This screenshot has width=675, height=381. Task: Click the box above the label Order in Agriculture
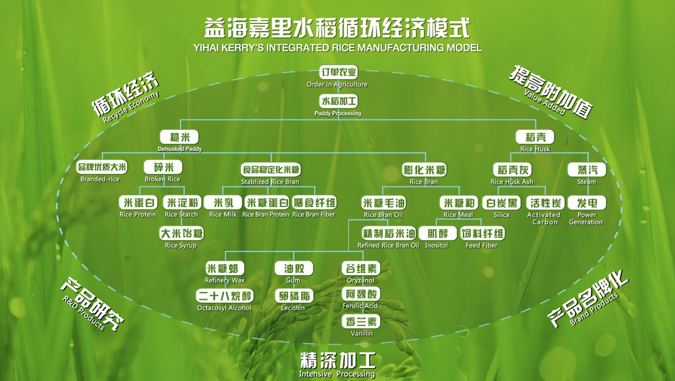click(338, 72)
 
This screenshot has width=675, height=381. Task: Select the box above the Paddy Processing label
click(338, 101)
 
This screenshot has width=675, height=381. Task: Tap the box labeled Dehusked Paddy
click(180, 137)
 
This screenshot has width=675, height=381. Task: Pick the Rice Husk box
click(535, 137)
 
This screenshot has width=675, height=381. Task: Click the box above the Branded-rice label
click(102, 167)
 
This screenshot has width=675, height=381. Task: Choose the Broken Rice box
click(163, 167)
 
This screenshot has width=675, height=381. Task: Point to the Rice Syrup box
click(181, 234)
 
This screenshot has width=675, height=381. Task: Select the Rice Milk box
click(223, 203)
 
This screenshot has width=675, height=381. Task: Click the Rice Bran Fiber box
click(315, 203)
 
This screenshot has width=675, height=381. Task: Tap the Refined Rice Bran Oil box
click(389, 234)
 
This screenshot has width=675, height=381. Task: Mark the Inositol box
click(437, 234)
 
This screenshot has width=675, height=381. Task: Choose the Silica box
click(502, 203)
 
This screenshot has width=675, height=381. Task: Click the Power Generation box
click(587, 203)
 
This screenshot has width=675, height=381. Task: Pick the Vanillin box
click(361, 321)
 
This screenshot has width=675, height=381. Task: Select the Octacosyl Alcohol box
click(225, 296)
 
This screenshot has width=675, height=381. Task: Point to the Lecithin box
click(294, 296)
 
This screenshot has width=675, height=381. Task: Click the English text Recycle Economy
click(131, 107)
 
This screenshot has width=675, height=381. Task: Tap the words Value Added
click(545, 102)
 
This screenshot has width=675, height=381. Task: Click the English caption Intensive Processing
click(337, 374)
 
